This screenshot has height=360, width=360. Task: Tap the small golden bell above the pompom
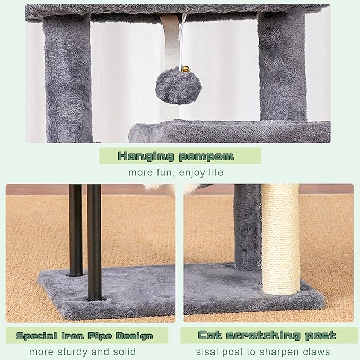(185, 69)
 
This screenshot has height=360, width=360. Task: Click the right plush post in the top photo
(282, 66)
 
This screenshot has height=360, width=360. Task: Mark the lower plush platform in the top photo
(228, 131)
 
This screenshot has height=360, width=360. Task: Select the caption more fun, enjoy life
(175, 172)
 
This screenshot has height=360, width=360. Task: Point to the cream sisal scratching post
(280, 239)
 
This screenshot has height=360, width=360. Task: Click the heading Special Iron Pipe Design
(85, 336)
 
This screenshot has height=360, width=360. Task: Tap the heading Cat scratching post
(267, 335)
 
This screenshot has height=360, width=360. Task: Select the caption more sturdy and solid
(82, 352)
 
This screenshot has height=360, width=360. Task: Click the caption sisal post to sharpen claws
(263, 352)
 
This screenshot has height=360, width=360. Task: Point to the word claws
(316, 352)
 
